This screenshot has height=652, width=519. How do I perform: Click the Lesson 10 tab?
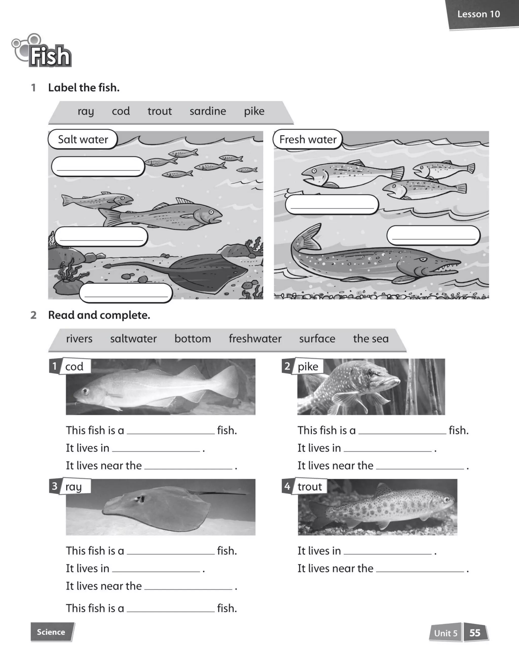pyautogui.click(x=478, y=14)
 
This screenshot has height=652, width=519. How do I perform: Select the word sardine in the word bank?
pyautogui.click(x=208, y=111)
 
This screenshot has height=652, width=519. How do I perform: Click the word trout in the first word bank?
pyautogui.click(x=159, y=111)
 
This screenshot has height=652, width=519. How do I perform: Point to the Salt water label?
pyautogui.click(x=83, y=139)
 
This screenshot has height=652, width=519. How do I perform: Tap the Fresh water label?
pyautogui.click(x=308, y=139)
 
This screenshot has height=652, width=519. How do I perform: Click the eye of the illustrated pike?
pyautogui.click(x=423, y=260)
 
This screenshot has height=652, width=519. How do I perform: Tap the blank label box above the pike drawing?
pyautogui.click(x=433, y=235)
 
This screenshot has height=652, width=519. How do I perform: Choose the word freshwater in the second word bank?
pyautogui.click(x=255, y=339)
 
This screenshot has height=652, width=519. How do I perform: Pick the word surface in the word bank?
pyautogui.click(x=317, y=339)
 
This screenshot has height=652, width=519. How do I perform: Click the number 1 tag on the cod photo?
pyautogui.click(x=54, y=366)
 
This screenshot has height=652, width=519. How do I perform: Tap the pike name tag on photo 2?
pyautogui.click(x=308, y=367)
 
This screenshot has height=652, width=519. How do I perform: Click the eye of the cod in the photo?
pyautogui.click(x=86, y=391)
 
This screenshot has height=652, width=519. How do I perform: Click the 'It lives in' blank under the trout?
pyautogui.click(x=387, y=551)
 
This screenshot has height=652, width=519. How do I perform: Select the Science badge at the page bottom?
pyautogui.click(x=51, y=632)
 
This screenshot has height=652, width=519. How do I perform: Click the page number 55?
pyautogui.click(x=475, y=633)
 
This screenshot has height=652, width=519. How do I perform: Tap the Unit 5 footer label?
pyautogui.click(x=446, y=633)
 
